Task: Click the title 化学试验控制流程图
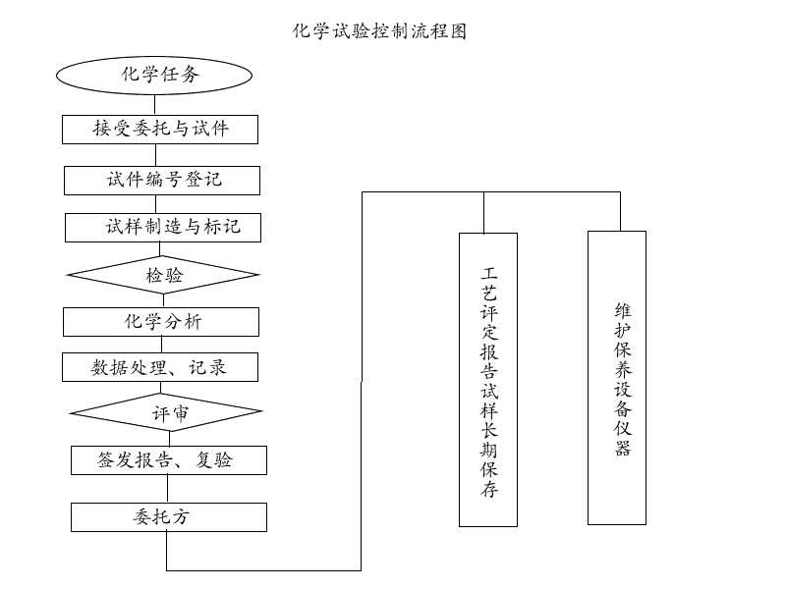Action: pyautogui.click(x=379, y=31)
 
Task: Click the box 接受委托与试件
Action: pyautogui.click(x=161, y=130)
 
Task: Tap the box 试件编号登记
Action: pyautogui.click(x=163, y=181)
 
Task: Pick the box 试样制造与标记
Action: pyautogui.click(x=164, y=228)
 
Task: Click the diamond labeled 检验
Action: pyautogui.click(x=164, y=276)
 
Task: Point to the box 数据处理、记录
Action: pyautogui.click(x=161, y=367)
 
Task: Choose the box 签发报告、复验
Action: pyautogui.click(x=168, y=460)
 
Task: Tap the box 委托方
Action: pyautogui.click(x=168, y=517)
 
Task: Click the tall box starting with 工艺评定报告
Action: pyautogui.click(x=488, y=379)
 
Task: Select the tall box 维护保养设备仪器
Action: pyautogui.click(x=617, y=378)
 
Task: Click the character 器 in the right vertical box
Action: pyautogui.click(x=622, y=449)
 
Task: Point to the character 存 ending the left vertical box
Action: pyautogui.click(x=489, y=490)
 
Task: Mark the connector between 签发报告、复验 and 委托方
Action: pyautogui.click(x=167, y=489)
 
